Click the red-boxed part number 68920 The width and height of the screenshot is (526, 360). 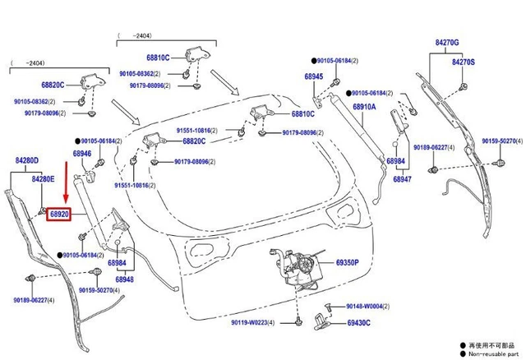tap(60, 213)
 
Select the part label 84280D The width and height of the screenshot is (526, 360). tap(27, 161)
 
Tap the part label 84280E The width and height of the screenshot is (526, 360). tap(43, 178)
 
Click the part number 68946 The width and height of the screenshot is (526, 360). tap(82, 154)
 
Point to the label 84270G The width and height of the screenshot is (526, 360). tap(446, 42)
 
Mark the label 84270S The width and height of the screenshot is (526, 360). tap(463, 62)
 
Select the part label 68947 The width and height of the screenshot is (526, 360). tap(402, 178)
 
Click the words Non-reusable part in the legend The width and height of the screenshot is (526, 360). tap(494, 354)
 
